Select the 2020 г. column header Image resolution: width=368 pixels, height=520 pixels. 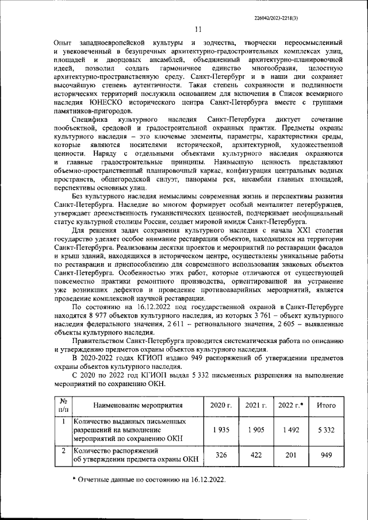click(221, 405)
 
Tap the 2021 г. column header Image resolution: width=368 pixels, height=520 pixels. click(256, 405)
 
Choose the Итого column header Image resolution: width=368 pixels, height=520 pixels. click(326, 405)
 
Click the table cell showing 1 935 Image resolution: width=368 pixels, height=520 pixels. click(221, 430)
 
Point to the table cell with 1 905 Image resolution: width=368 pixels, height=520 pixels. click(256, 430)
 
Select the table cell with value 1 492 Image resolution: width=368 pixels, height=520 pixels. click(291, 430)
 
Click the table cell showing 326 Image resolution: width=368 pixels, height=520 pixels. click(221, 455)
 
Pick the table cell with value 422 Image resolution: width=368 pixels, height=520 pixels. click(256, 455)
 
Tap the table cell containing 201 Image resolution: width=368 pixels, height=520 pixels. click(291, 455)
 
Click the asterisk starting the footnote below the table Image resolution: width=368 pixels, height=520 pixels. click(74, 479)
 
